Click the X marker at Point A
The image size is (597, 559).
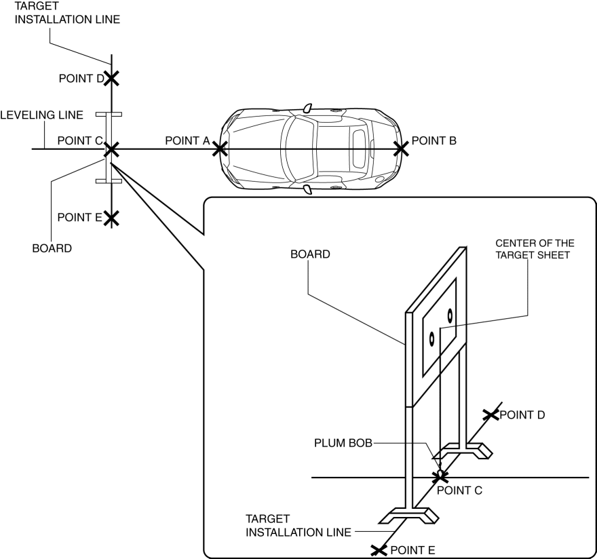(x=220, y=149)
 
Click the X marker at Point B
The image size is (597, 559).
(x=401, y=149)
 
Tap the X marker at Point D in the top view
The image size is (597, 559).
(x=111, y=79)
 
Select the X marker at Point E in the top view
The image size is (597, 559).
(x=111, y=218)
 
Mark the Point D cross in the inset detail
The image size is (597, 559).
(x=490, y=415)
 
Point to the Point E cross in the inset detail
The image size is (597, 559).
(x=379, y=550)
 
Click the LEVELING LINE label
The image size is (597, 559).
(x=41, y=115)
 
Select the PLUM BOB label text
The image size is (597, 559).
(x=343, y=443)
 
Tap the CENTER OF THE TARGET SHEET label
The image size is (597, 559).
(x=535, y=249)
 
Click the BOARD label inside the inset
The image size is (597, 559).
(x=310, y=254)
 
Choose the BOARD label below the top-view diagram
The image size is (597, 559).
(x=52, y=248)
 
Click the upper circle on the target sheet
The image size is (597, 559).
(x=450, y=315)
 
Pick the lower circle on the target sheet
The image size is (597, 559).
(x=431, y=339)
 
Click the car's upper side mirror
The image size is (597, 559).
(x=307, y=108)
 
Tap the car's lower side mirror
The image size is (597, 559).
(x=307, y=190)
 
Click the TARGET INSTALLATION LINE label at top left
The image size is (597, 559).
(x=67, y=13)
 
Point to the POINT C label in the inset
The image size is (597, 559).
(x=459, y=490)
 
